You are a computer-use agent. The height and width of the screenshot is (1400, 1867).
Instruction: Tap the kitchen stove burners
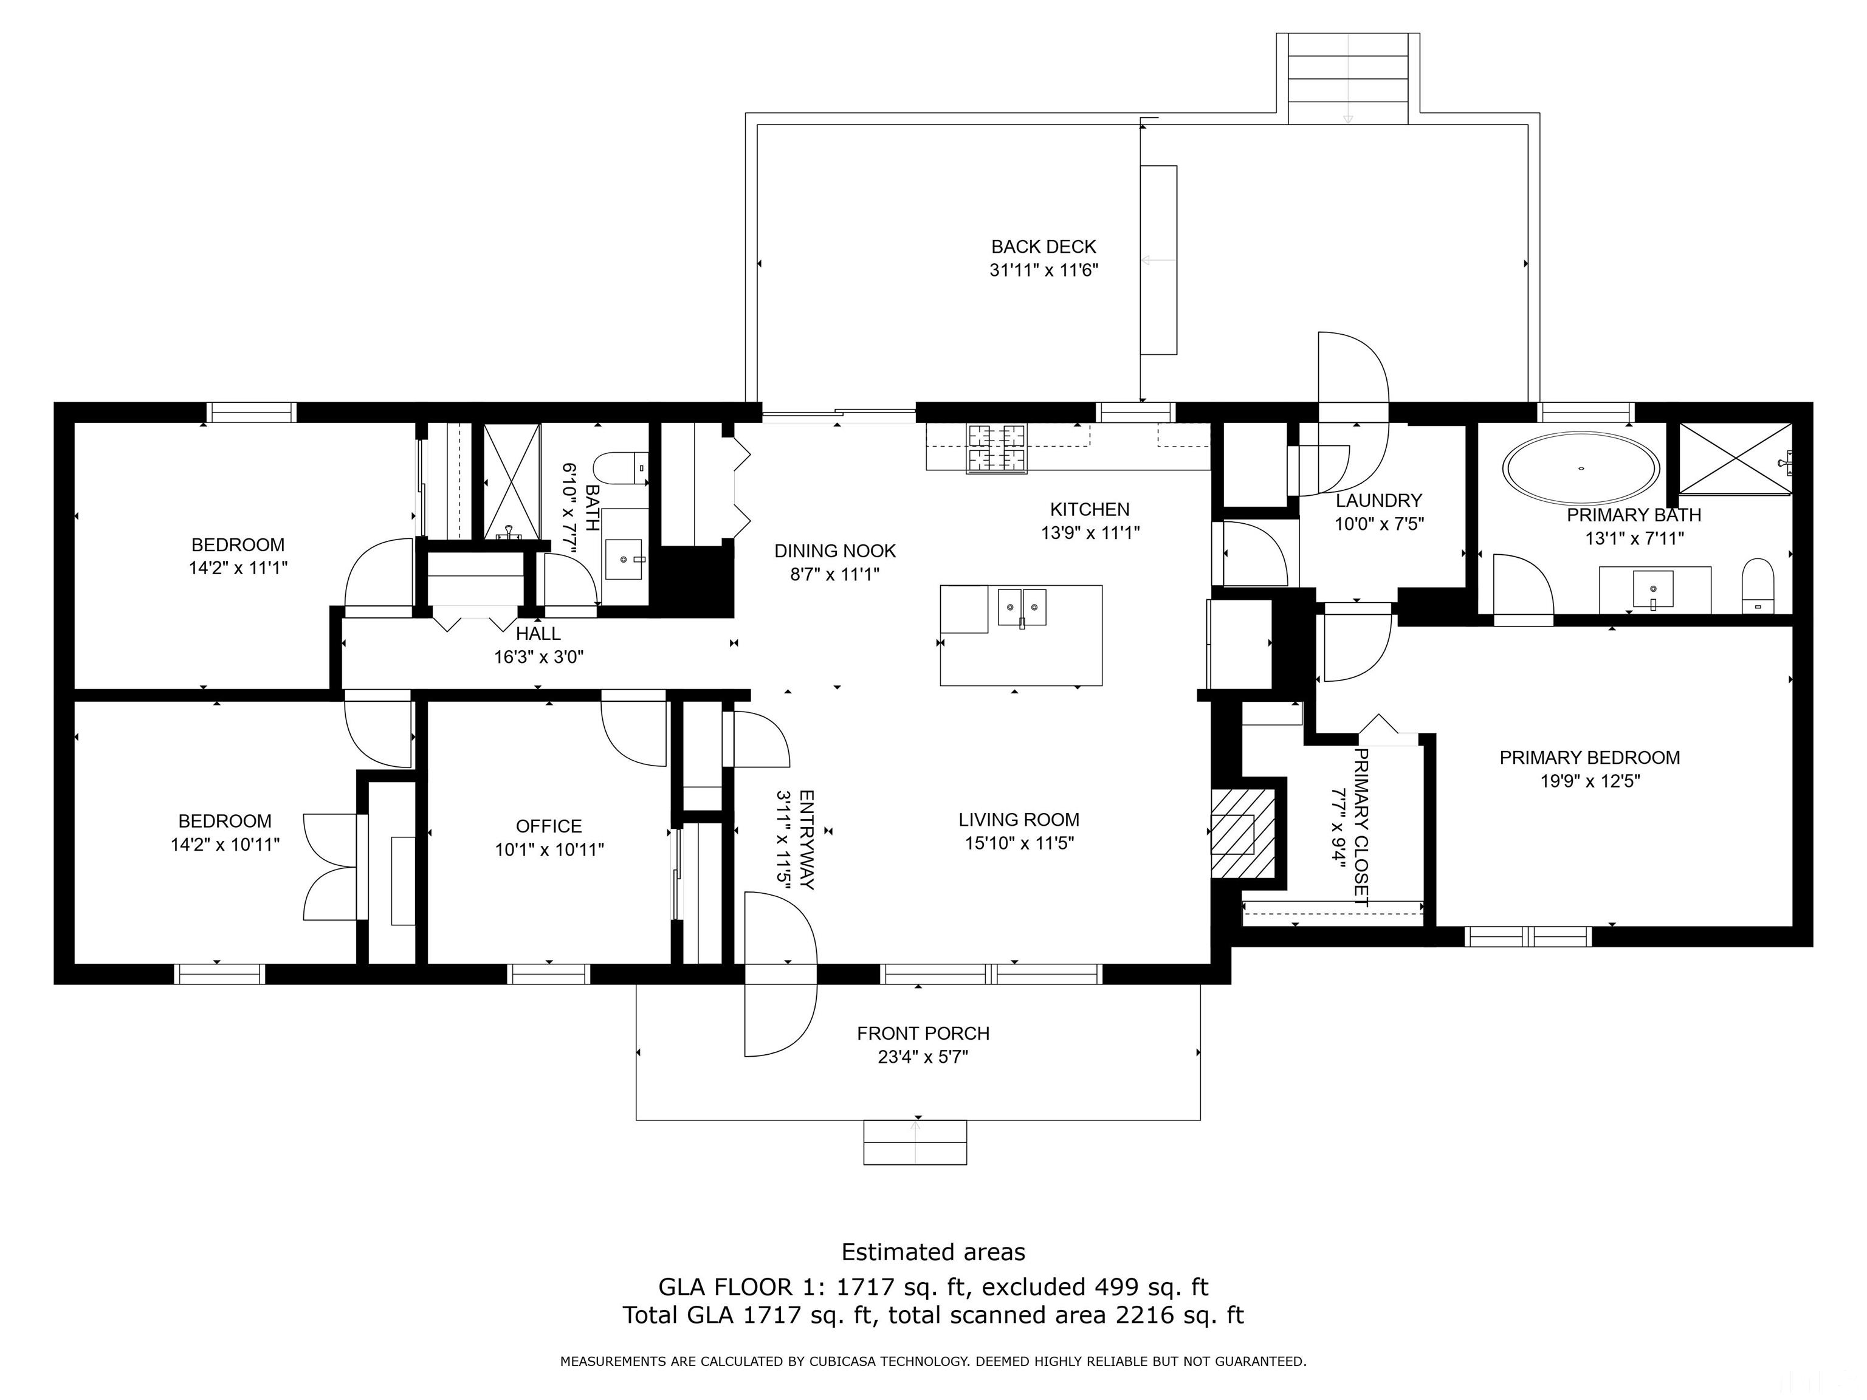tap(999, 447)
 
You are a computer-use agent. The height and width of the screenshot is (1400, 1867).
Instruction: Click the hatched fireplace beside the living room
tap(1243, 833)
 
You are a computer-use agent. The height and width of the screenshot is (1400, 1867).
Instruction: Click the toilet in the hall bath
tap(621, 468)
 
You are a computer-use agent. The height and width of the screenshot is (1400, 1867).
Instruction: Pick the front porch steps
tap(915, 1142)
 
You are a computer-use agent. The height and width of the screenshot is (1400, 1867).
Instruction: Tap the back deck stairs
tap(1348, 78)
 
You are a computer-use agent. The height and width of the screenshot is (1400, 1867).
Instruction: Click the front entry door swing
tap(781, 975)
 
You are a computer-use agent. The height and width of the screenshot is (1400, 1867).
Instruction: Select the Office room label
tap(549, 826)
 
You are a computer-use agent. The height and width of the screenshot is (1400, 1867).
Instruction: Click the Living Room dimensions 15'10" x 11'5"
tap(1020, 843)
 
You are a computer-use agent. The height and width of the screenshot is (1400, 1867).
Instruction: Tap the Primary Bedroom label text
tap(1589, 758)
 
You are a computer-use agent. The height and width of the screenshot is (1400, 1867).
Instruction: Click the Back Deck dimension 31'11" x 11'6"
tap(1044, 270)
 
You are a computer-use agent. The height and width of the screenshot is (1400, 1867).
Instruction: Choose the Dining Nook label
tap(835, 551)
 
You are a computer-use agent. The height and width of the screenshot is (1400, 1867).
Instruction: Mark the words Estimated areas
tap(933, 1252)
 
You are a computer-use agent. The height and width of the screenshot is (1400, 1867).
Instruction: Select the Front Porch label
tap(923, 1033)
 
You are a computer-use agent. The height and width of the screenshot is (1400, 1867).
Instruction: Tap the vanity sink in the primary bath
tap(1652, 588)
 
